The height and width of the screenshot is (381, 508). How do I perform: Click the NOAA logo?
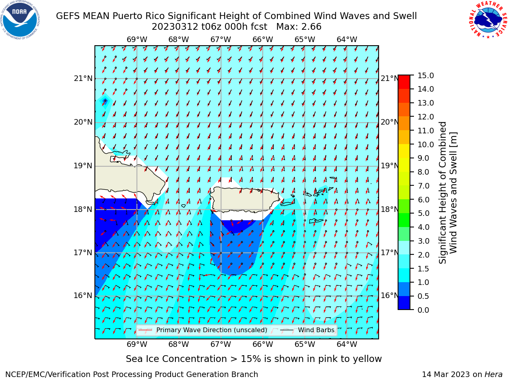pyautogui.click(x=20, y=20)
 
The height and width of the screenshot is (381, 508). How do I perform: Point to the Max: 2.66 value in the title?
pyautogui.click(x=299, y=27)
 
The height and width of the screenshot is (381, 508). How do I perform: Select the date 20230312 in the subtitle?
pyautogui.click(x=175, y=27)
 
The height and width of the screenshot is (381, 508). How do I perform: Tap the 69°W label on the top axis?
pyautogui.click(x=137, y=39)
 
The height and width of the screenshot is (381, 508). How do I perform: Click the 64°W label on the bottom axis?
pyautogui.click(x=347, y=344)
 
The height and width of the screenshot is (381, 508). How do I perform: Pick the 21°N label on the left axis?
pyautogui.click(x=83, y=79)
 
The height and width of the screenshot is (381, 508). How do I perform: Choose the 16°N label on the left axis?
pyautogui.click(x=83, y=296)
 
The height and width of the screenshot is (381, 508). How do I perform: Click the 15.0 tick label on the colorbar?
pyautogui.click(x=425, y=75)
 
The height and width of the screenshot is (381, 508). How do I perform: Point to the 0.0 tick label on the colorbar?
pyautogui.click(x=423, y=310)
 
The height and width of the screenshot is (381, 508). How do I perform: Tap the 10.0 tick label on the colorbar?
pyautogui.click(x=425, y=144)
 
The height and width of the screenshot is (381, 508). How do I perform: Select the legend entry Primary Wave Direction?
pyautogui.click(x=202, y=330)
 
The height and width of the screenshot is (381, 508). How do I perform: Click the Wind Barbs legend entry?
pyautogui.click(x=307, y=330)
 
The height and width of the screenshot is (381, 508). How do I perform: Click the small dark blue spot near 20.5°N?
pyautogui.click(x=105, y=101)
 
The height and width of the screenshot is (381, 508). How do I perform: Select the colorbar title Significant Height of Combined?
pyautogui.click(x=442, y=193)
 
